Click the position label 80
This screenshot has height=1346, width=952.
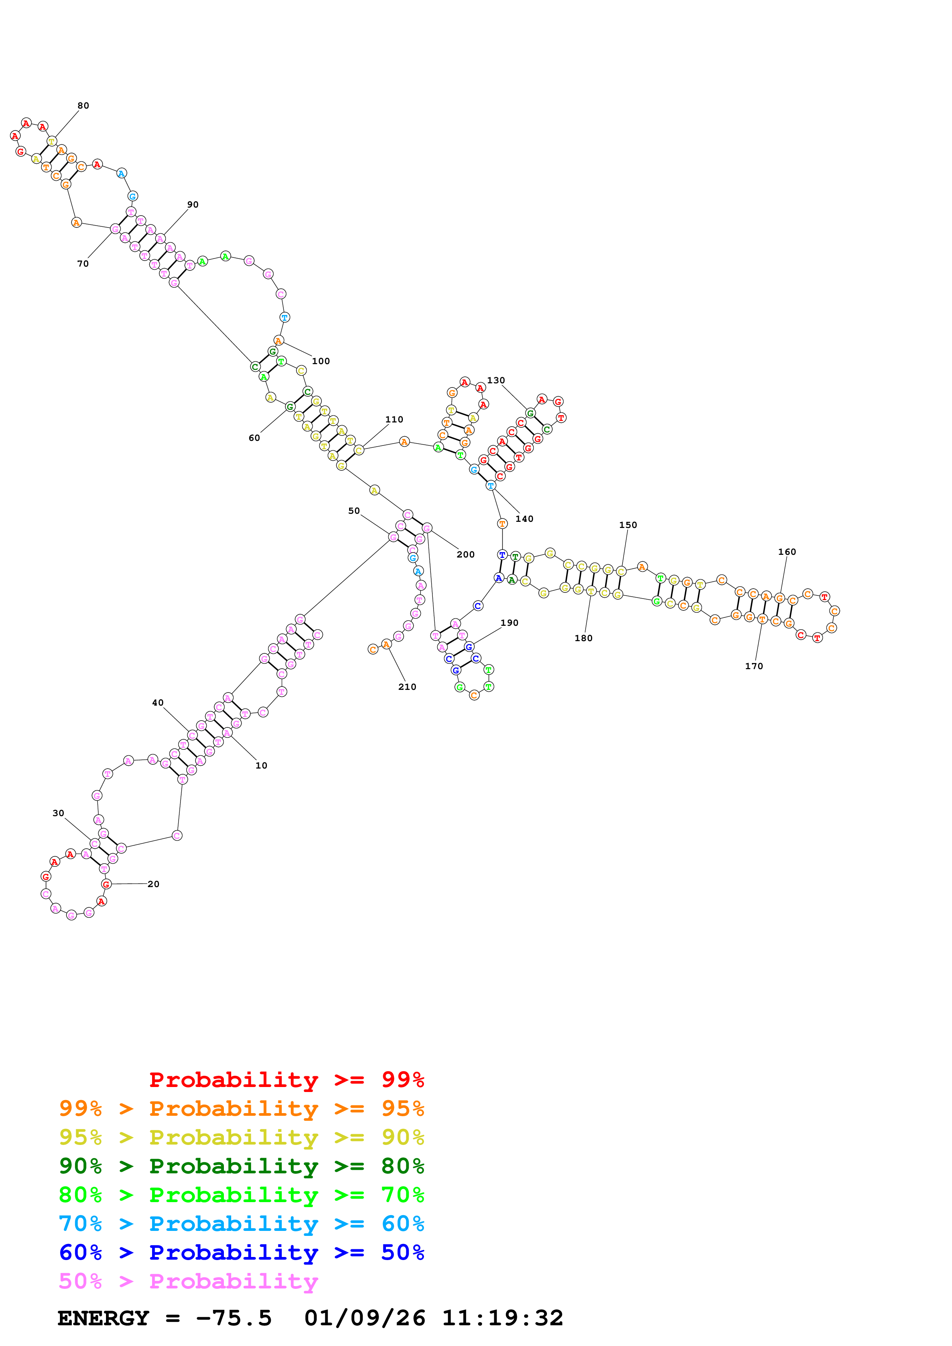[83, 106]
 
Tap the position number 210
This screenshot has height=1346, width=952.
[407, 687]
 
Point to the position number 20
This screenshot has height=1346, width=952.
[153, 884]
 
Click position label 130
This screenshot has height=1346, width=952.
[496, 381]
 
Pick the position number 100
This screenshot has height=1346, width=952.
[321, 361]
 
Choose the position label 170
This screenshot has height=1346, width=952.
[754, 666]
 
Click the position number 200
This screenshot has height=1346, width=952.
[466, 554]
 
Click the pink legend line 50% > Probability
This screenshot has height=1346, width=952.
[188, 1282]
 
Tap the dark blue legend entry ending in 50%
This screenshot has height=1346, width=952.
[242, 1253]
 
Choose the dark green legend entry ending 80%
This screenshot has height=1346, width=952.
[242, 1166]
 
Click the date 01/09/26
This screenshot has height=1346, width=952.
[365, 1318]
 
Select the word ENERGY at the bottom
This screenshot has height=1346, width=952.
[103, 1318]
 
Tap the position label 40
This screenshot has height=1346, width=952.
[158, 703]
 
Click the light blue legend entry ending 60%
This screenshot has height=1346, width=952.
[242, 1224]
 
